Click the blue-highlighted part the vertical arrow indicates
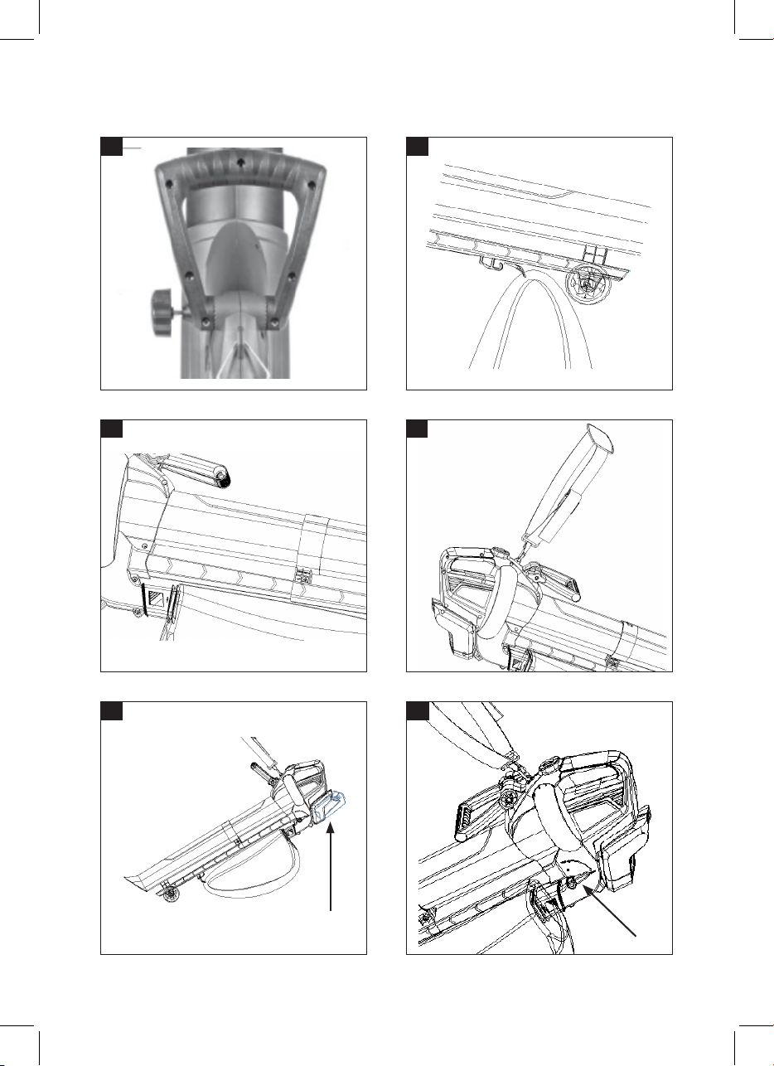[x=332, y=805]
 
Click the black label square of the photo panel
[x=111, y=146]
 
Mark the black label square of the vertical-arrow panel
[x=111, y=710]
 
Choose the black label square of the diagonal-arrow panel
[x=418, y=710]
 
